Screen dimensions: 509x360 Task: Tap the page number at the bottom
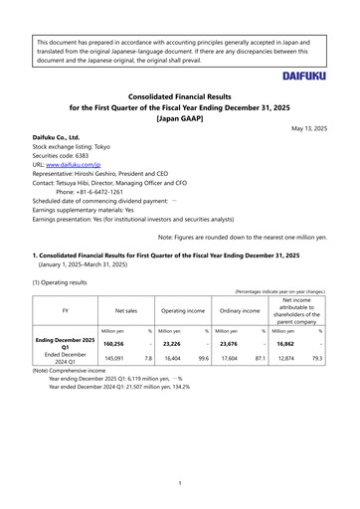[x=179, y=483]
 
